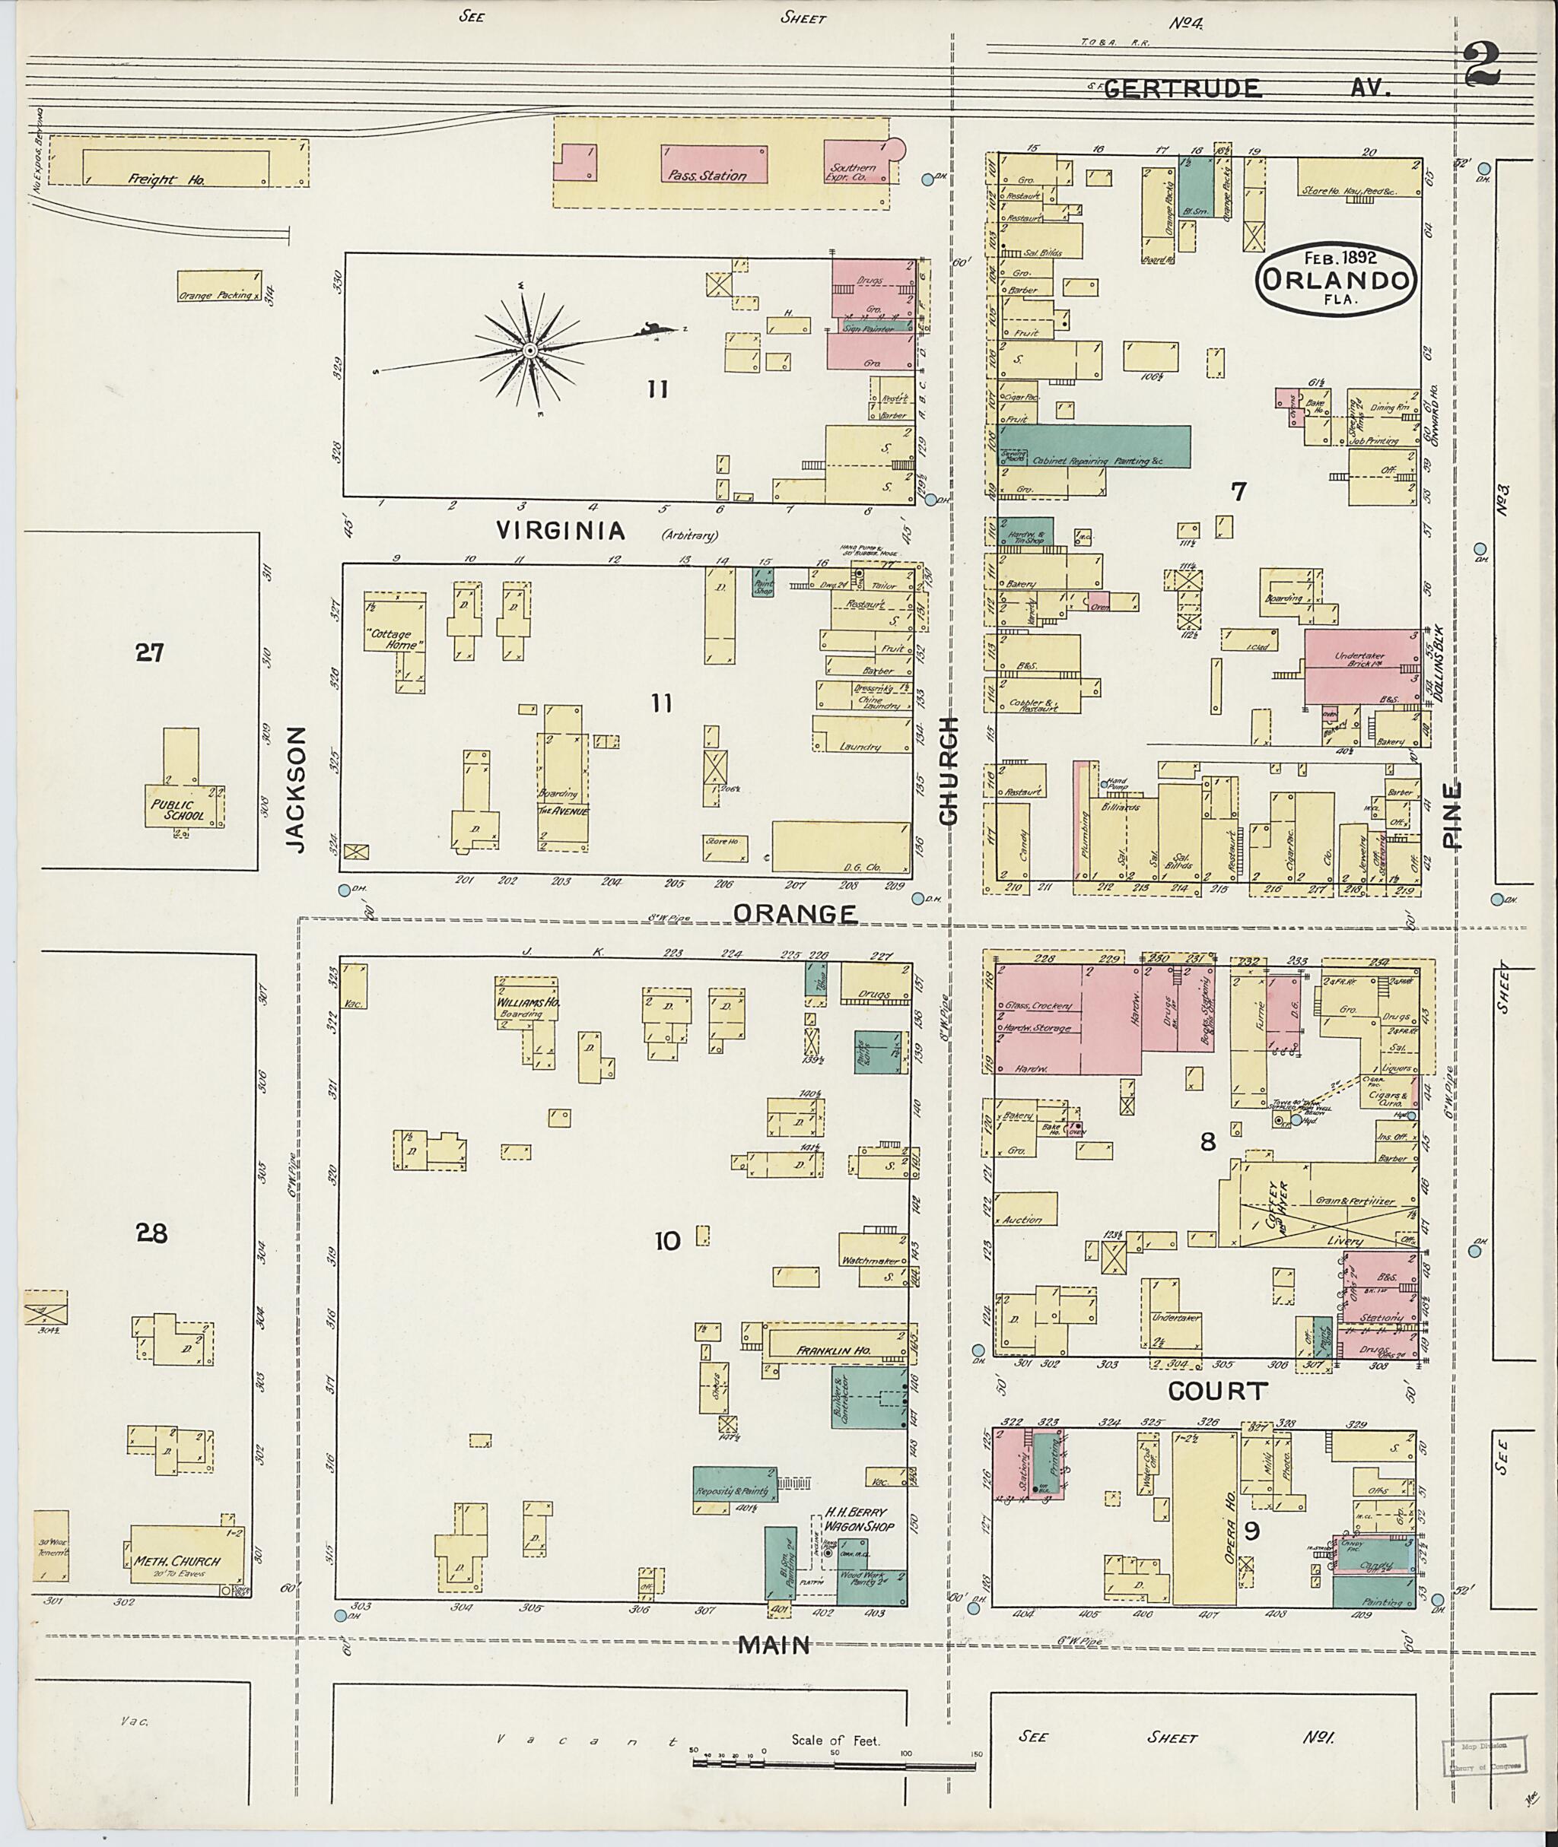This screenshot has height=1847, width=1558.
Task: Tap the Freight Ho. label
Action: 166,179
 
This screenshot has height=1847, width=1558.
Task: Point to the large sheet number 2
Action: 1483,65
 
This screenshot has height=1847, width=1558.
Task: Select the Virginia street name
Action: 561,531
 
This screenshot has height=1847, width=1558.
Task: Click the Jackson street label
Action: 296,789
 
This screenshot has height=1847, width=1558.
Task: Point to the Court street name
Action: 1217,1392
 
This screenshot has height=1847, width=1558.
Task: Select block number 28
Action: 152,1233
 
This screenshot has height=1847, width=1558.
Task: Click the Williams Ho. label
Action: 528,1003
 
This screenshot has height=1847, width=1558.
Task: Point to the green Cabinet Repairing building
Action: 1092,448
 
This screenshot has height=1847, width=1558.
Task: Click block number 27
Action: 149,652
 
